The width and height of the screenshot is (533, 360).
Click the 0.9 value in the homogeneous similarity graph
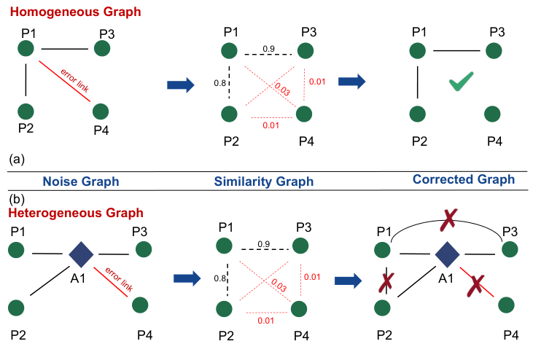tap(268, 48)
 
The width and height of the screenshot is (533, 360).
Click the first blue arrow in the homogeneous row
tap(181, 85)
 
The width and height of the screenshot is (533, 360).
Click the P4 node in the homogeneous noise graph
tap(101, 111)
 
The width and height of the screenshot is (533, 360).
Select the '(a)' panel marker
tap(14, 157)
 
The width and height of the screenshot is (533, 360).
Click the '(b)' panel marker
tap(14, 197)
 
